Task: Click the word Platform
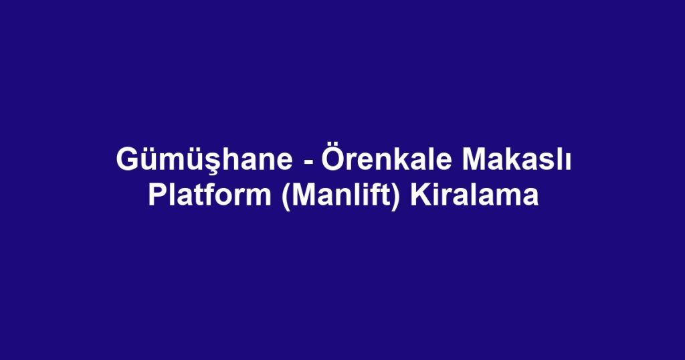pos(209,195)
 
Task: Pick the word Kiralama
pos(474,195)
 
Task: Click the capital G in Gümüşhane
pos(126,160)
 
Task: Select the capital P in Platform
pos(158,195)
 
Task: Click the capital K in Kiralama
pos(420,195)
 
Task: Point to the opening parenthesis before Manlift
pos(286,197)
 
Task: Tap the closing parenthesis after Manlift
pos(395,197)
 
